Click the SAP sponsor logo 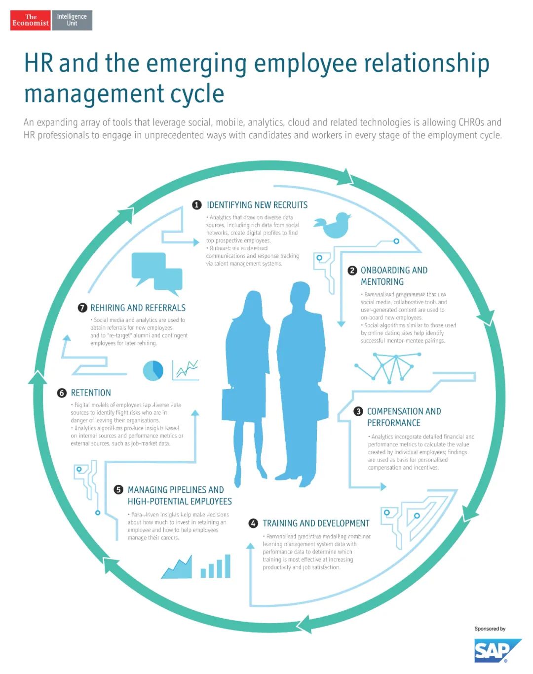coord(497,650)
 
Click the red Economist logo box coord(31,20)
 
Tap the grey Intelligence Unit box coord(72,20)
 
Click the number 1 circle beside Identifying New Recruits coord(197,205)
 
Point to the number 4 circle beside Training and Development coord(253,523)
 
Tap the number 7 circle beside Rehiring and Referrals coord(82,308)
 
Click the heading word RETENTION coord(91,393)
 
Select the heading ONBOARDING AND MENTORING coord(394,276)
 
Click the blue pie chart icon coord(153,370)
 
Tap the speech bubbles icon coord(156,271)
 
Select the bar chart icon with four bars coord(216,566)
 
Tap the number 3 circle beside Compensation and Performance coord(358,411)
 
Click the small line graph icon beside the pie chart coord(186,370)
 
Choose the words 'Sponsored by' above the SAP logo coord(490,629)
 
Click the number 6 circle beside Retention coord(62,393)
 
